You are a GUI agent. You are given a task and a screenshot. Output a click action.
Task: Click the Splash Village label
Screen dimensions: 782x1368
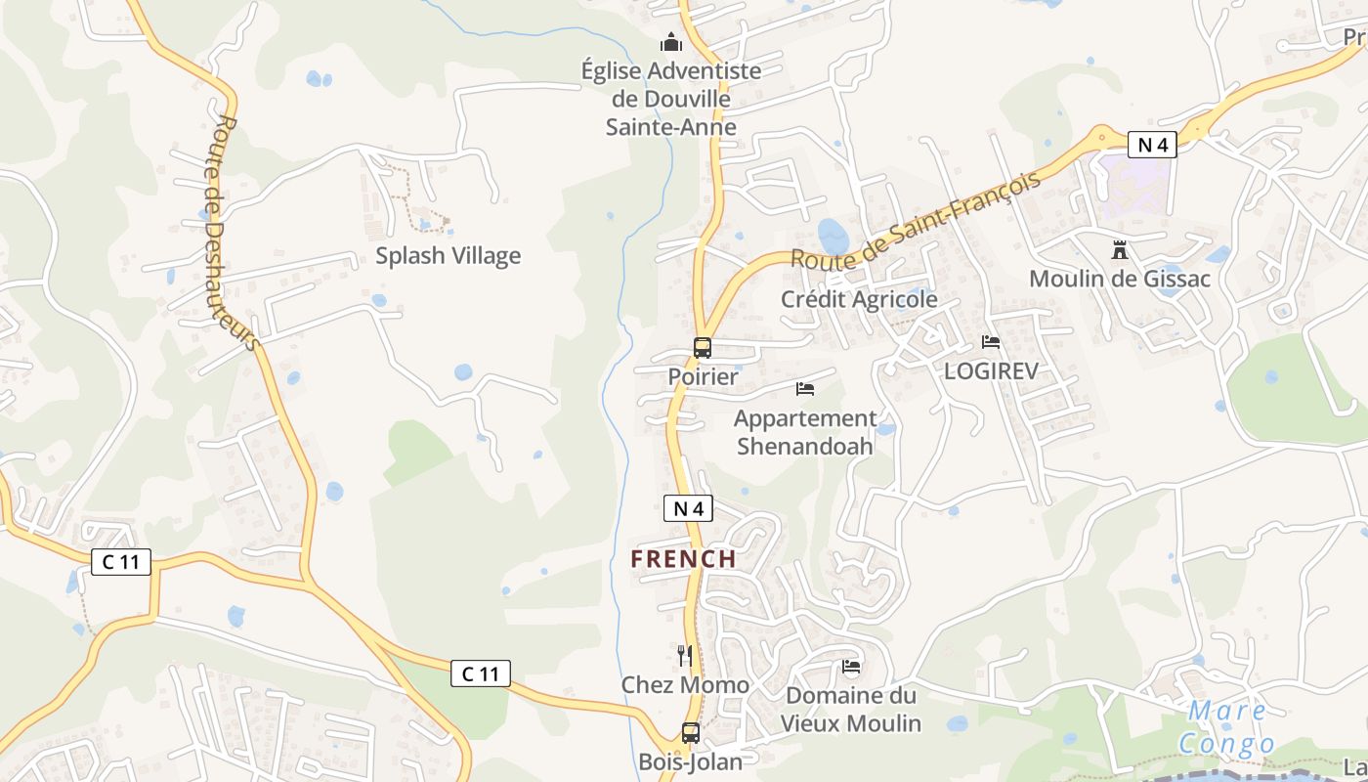[x=449, y=256]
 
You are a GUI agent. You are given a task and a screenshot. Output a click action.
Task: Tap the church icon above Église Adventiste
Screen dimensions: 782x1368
[x=671, y=42]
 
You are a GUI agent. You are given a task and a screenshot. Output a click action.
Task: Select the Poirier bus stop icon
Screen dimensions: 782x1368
[x=703, y=347]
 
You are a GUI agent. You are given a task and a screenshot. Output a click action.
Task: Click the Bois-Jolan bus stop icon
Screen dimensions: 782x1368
[x=691, y=732]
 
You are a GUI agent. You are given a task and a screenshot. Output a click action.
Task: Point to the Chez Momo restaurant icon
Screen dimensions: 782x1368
[x=685, y=655]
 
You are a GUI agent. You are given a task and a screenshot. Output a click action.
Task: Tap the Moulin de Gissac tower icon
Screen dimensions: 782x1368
[x=1120, y=250]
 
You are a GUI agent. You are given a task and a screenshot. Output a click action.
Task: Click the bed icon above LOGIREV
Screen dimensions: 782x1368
[x=991, y=342]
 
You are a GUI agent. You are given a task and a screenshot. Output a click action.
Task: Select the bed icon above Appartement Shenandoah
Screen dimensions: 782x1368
[x=805, y=389]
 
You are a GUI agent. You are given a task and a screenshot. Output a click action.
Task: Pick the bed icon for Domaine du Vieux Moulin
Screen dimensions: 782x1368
[x=851, y=667]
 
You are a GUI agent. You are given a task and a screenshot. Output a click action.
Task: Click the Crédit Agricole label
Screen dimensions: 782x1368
[x=859, y=299]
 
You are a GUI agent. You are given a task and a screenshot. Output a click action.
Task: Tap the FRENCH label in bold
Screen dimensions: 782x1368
[x=683, y=559]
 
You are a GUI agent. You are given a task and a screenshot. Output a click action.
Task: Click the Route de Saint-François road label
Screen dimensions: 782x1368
[x=915, y=221]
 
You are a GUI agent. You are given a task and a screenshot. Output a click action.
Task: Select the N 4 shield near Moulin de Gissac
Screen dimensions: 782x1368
[x=1152, y=145]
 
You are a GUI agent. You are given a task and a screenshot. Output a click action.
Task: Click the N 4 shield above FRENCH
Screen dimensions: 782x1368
[x=689, y=508]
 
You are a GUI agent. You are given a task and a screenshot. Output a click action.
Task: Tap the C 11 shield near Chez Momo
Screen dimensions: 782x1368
[x=480, y=673]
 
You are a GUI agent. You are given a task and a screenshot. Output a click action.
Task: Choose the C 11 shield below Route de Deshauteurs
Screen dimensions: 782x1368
[x=121, y=562]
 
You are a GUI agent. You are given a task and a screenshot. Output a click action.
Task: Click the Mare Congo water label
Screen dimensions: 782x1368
[x=1227, y=727]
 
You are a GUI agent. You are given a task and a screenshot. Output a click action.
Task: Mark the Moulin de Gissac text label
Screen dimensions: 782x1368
[x=1120, y=279]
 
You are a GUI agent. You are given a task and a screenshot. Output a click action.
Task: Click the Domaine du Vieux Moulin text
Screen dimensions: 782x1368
[x=850, y=710]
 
